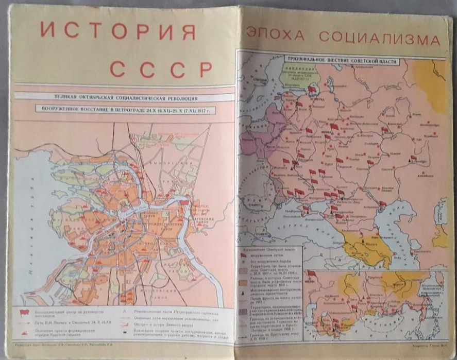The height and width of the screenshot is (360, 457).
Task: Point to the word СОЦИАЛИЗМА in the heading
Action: (379, 38)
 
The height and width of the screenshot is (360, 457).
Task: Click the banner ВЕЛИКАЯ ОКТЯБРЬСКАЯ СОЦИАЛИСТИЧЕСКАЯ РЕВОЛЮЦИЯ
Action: (122, 97)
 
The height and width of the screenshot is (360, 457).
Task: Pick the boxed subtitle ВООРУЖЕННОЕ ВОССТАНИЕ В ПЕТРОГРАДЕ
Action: (122, 109)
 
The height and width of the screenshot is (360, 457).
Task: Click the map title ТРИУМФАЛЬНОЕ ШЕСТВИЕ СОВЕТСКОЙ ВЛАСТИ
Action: (342, 61)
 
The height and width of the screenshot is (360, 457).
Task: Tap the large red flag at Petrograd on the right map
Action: (312, 89)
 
